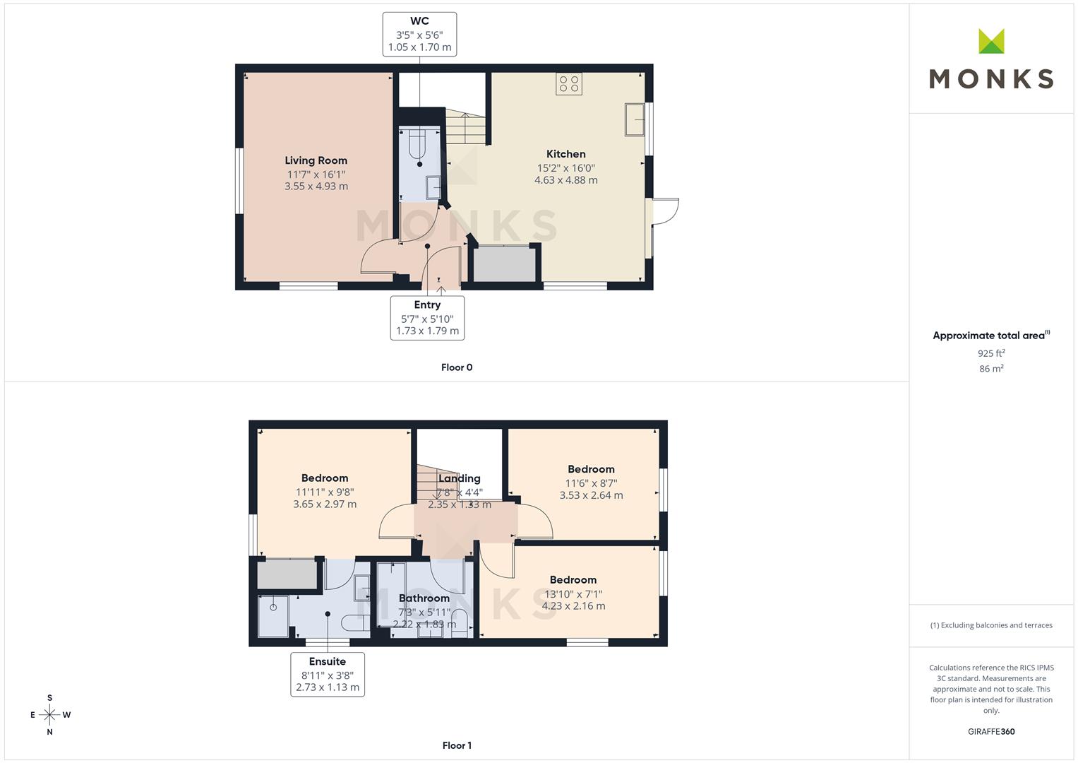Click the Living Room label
pos(316,160)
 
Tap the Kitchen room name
pos(565,154)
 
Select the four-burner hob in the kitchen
pos(569,84)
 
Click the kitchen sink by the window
pos(634,119)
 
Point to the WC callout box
pos(419,34)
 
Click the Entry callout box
pos(427,317)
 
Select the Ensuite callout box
pos(328,674)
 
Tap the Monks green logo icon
pos(991,42)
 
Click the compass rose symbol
pos(49,715)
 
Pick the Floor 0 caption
pos(457,367)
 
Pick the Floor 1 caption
pos(457,745)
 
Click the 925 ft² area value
pos(991,353)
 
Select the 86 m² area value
pos(991,369)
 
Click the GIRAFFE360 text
pos(991,732)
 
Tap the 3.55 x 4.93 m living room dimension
pos(316,187)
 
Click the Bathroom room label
pos(424,598)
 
